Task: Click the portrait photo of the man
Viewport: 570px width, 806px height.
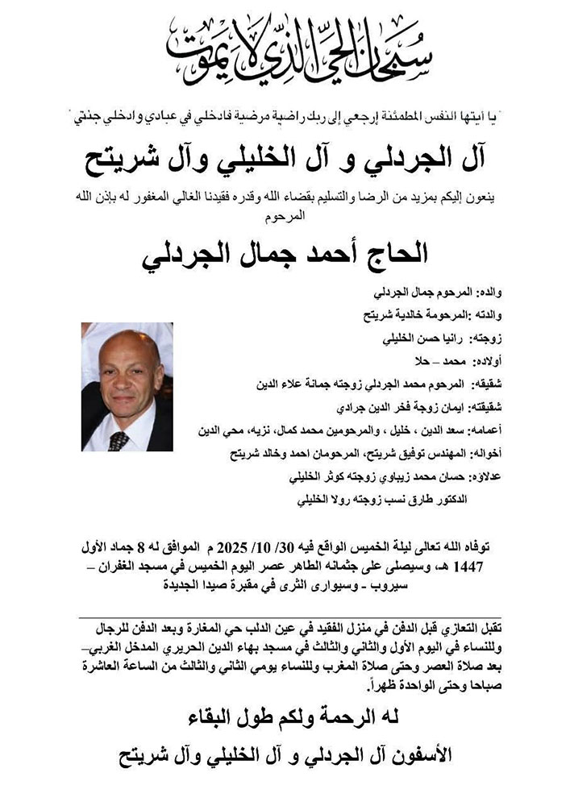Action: tap(127, 387)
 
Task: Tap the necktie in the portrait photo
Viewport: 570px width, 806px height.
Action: tap(119, 440)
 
